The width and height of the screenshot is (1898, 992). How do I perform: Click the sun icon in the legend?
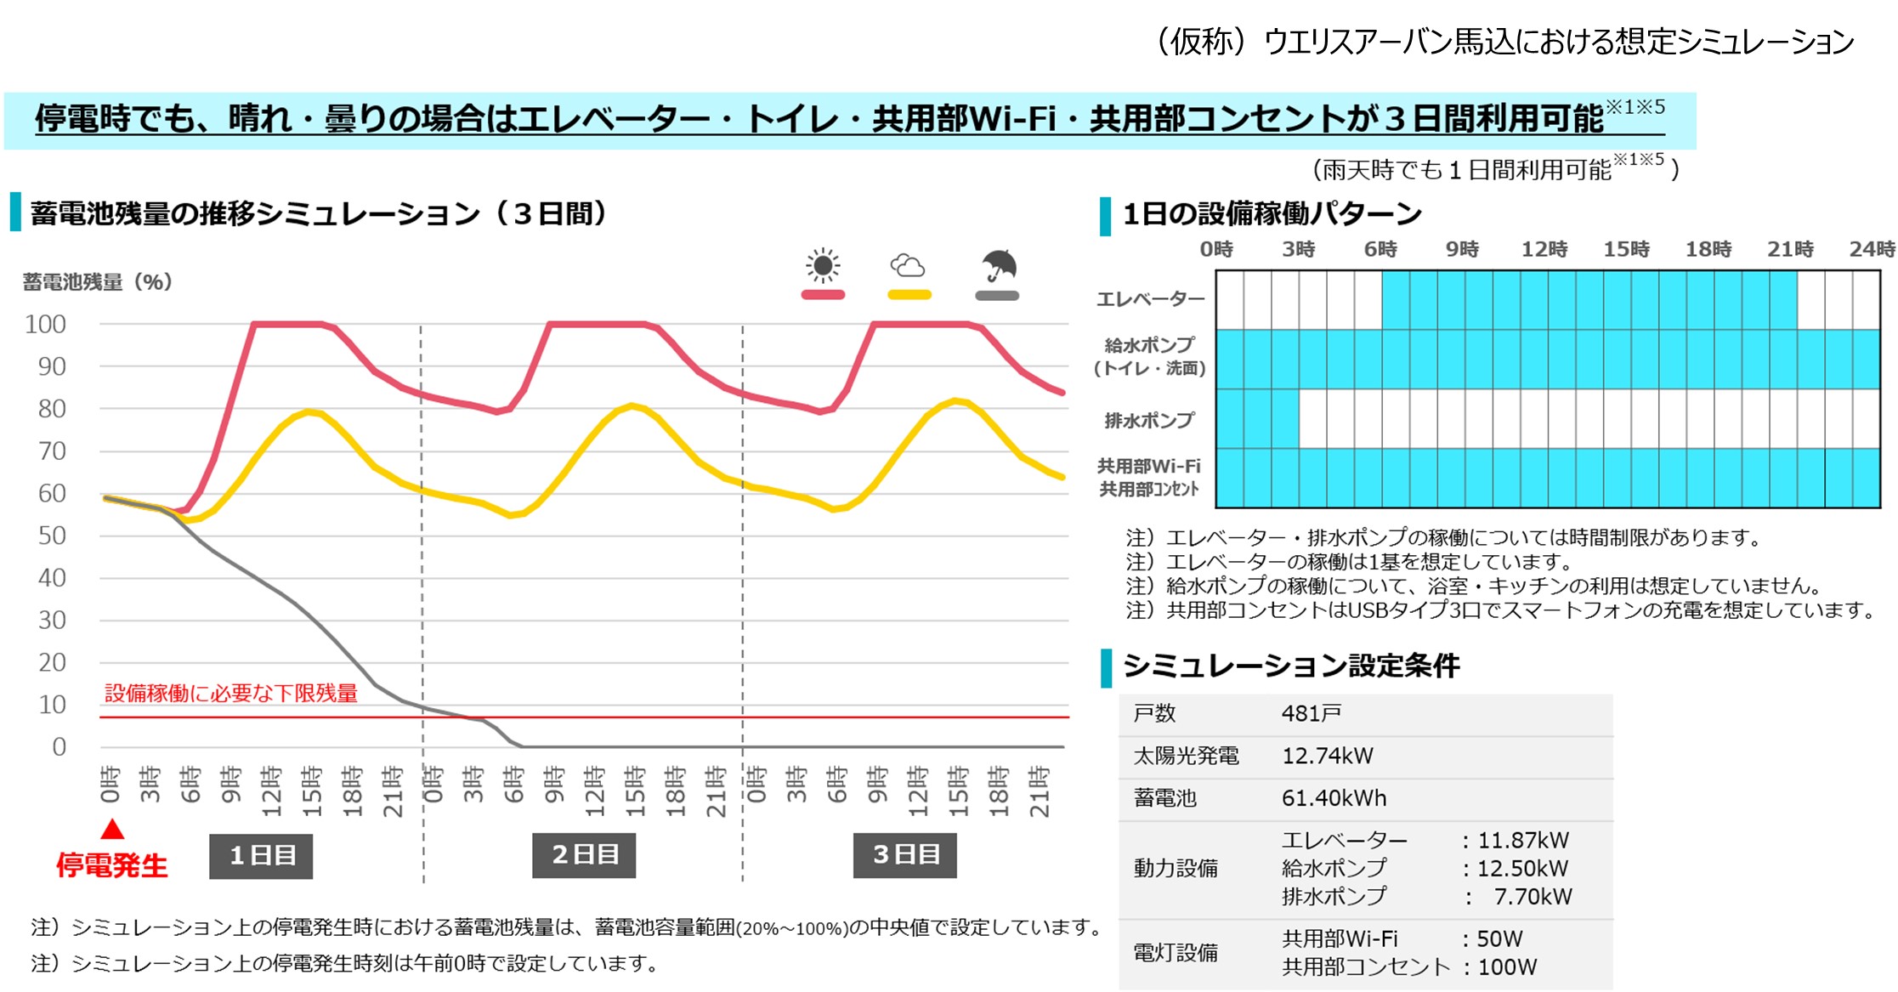coord(823,266)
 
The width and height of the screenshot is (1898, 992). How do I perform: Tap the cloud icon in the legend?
coord(908,266)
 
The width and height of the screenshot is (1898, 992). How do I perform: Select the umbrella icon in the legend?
coord(999,265)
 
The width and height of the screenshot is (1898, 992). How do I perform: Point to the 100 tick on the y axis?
coord(46,325)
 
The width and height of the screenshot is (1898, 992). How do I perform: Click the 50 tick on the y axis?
coord(52,536)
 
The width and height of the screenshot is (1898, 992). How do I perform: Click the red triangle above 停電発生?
coord(112,829)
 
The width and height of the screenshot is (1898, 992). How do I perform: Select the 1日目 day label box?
coord(261,855)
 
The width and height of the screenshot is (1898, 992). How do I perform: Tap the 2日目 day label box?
coord(584,855)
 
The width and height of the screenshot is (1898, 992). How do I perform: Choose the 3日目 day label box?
coord(905,855)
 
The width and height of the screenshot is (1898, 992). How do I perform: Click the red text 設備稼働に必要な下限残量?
coord(231,694)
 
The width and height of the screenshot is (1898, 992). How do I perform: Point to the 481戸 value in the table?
coord(1312,714)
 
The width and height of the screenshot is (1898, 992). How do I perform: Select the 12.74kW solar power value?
coord(1328,756)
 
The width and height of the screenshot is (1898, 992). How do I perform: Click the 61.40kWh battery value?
coord(1334,798)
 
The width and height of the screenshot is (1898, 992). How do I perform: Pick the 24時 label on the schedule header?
coord(1872,249)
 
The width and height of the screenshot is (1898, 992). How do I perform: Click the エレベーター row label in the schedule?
coord(1151,299)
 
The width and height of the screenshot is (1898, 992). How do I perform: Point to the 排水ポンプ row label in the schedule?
coord(1149,420)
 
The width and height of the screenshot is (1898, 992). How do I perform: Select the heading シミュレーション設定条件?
coord(1291,666)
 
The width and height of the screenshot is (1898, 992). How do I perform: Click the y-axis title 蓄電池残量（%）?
coord(98,282)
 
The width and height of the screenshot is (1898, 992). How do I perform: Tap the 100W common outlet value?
coord(1507,967)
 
